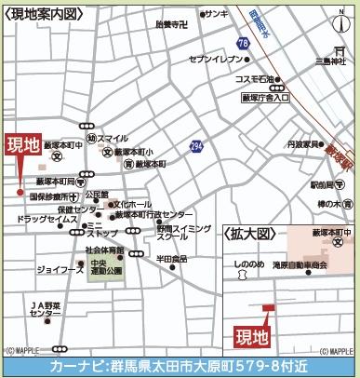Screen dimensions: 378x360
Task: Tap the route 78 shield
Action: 243,44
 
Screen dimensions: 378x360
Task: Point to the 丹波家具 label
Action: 303,144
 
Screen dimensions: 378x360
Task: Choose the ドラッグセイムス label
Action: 44,220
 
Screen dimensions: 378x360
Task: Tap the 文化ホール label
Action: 132,203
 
